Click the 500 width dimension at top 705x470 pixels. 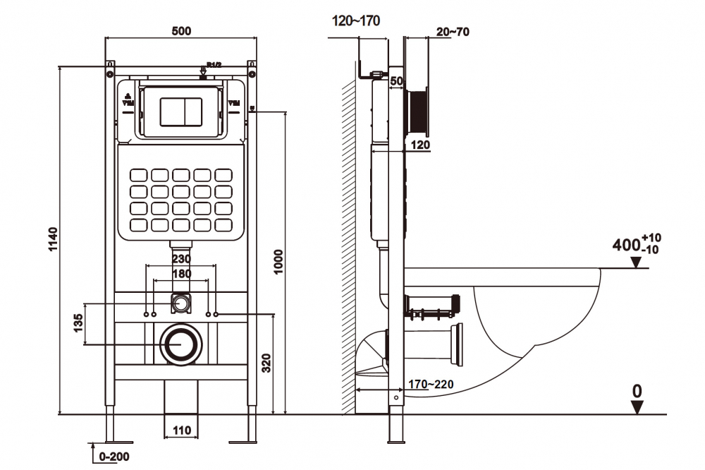coord(182,31)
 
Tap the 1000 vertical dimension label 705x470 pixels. coord(278,262)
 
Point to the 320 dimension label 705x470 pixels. coord(267,363)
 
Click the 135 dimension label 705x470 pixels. coord(78,324)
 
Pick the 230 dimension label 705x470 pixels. coord(182,259)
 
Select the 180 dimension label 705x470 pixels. coord(182,273)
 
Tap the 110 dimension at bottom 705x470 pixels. coord(182,429)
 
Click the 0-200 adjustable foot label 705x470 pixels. coord(114,457)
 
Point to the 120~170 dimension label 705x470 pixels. coord(356,21)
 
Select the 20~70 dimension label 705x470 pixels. coord(453,31)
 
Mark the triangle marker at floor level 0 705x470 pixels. coord(637,406)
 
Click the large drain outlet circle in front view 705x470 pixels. coord(182,344)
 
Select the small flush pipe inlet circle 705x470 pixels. coord(182,304)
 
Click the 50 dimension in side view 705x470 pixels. coord(396,82)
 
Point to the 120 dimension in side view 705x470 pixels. coord(421,145)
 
